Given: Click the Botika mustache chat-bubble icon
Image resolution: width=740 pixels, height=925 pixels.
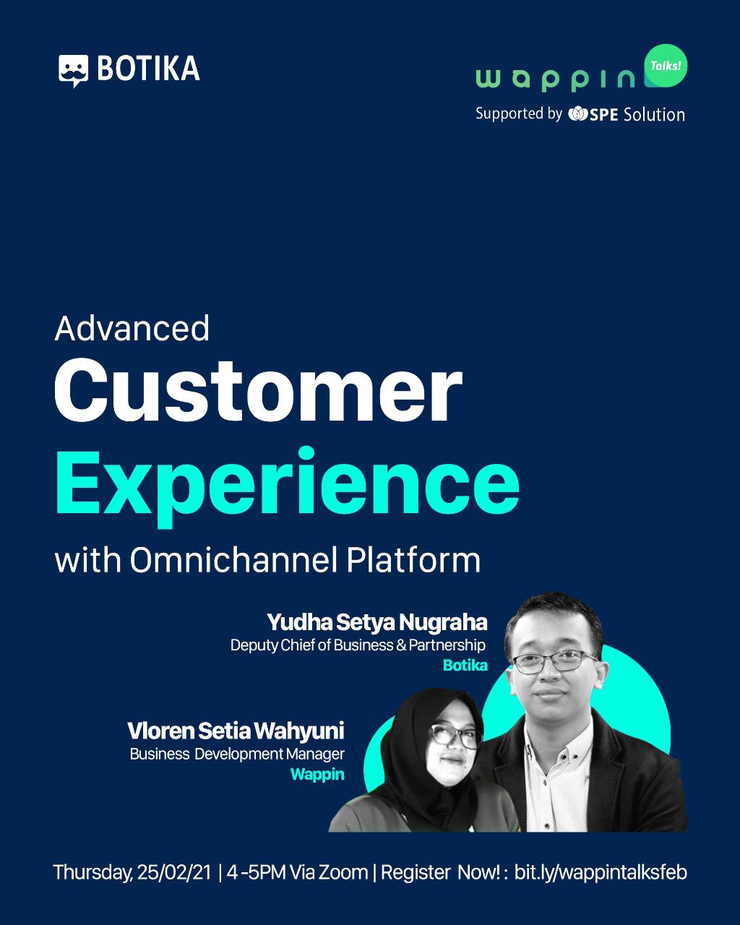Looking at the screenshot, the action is coord(74,71).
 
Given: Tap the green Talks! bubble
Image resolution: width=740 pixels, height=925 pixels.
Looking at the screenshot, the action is coord(666,66).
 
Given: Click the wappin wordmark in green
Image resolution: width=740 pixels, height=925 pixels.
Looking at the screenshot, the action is coord(555,79).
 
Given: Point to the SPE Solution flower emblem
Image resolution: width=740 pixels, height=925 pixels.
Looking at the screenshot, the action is coord(577,114).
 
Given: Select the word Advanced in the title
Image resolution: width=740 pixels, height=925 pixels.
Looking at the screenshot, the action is coord(132,329).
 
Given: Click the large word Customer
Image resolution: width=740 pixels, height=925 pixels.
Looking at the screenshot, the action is coord(258,391).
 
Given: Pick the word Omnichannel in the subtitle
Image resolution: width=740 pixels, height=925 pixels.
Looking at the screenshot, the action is coord(233,560).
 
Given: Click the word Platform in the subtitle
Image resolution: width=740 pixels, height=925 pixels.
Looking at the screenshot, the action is coord(413,560).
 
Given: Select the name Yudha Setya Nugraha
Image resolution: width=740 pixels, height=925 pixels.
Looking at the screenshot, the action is coord(377,622).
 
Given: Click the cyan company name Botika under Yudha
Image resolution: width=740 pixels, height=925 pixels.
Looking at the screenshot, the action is coord(465,666).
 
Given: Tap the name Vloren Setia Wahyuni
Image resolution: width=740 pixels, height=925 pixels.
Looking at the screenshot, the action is coord(236,731).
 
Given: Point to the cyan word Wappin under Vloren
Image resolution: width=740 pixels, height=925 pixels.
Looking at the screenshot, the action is coord(317,775).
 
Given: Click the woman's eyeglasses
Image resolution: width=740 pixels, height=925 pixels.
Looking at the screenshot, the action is coord(454,736).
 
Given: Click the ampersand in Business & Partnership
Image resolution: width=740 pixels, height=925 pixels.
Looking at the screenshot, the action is coord(401,645).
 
